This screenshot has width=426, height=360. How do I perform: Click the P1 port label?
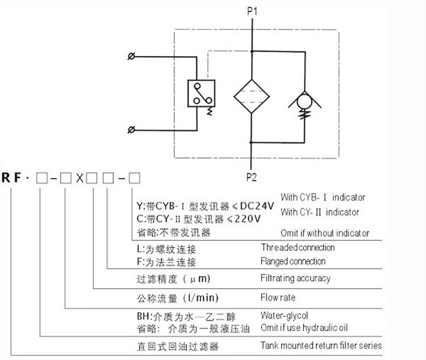tap(252, 11)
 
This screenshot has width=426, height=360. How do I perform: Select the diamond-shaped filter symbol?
tap(252, 97)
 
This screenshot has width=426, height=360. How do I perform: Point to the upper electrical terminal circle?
tap(131, 57)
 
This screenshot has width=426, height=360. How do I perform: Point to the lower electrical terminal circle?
tap(131, 130)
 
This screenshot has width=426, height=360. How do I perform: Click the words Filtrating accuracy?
tap(296, 278)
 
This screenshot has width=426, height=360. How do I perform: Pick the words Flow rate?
tap(278, 297)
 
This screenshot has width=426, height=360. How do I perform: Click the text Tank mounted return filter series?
tap(321, 346)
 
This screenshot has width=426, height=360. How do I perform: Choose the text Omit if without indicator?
tap(324, 233)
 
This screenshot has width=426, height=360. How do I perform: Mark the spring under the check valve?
tap(306, 116)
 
